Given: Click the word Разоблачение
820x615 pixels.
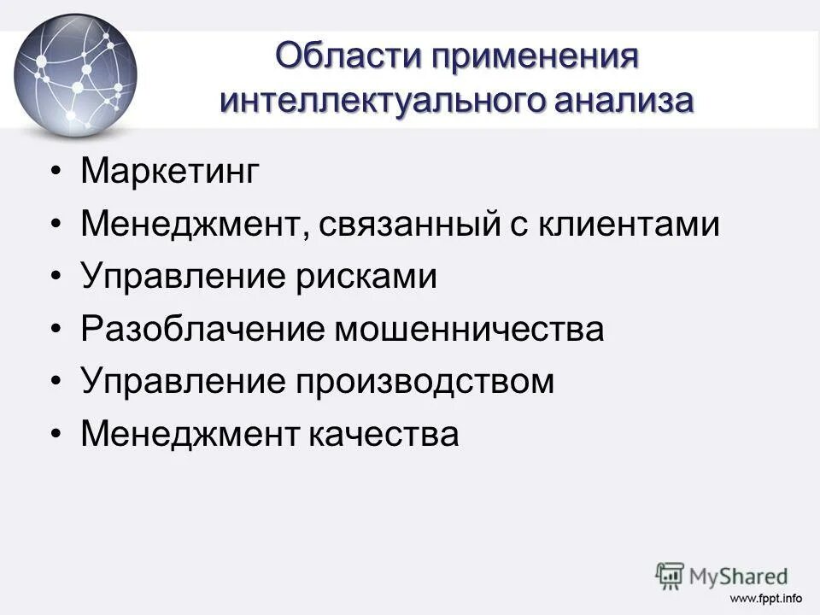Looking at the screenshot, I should [202, 330].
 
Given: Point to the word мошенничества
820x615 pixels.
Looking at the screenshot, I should [469, 330].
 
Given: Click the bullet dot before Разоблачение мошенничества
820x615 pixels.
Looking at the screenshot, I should [56, 330].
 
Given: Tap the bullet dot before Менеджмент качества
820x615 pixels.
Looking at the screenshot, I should [56, 434].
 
